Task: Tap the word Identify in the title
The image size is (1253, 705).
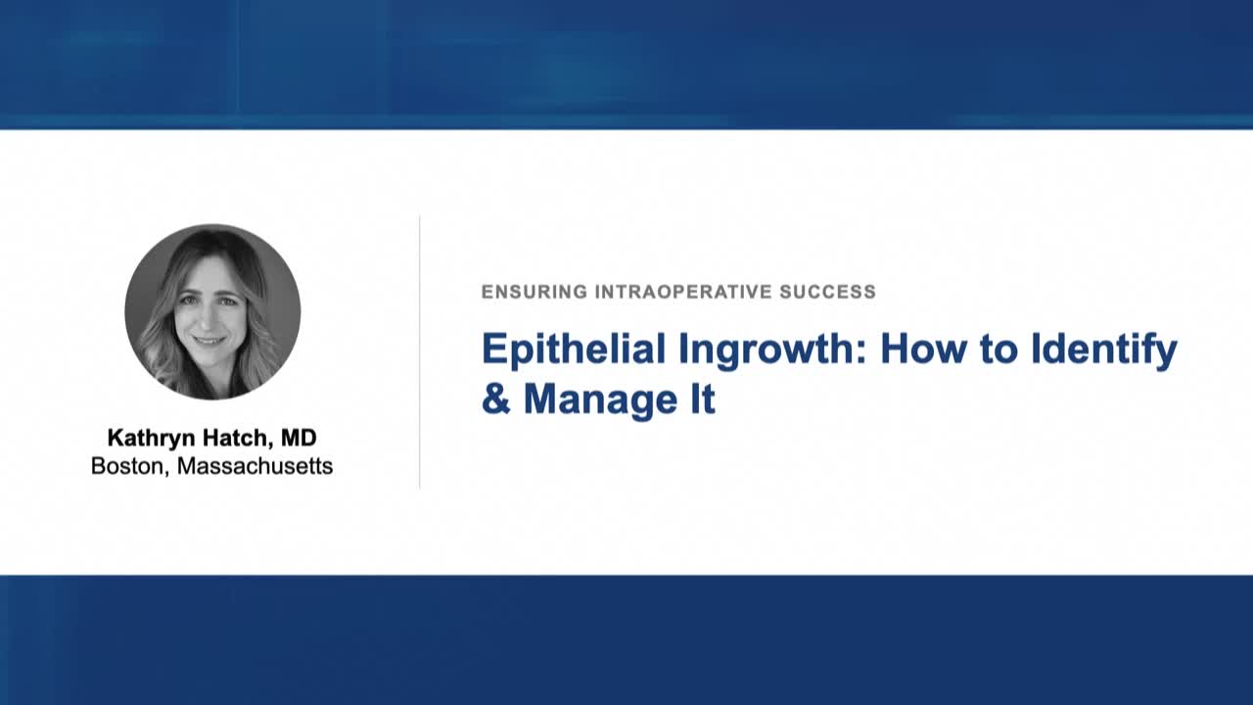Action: (1103, 350)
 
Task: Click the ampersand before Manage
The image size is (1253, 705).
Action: (495, 399)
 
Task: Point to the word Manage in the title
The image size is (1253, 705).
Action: (599, 399)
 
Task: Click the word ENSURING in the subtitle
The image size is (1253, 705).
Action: (534, 291)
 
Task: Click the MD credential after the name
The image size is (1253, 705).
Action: (298, 438)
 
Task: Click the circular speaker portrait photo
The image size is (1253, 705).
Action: (212, 311)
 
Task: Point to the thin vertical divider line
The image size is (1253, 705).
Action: (420, 352)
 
